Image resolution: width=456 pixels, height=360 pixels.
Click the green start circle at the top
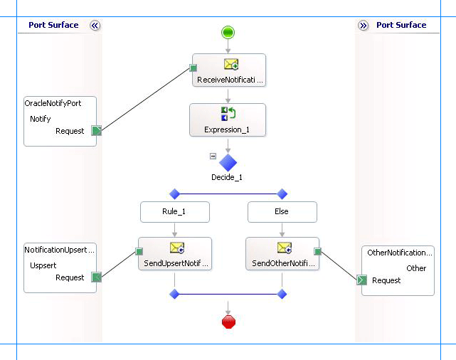[228, 32]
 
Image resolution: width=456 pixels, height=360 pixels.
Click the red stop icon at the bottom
[228, 322]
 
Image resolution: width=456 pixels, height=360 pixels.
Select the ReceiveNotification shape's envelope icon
[230, 65]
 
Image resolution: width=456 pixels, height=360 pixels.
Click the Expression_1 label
[227, 130]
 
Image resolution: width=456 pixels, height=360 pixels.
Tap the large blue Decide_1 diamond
[228, 162]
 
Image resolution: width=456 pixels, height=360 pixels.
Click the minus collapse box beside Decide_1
[213, 156]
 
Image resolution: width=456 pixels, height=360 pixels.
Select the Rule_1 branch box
[174, 211]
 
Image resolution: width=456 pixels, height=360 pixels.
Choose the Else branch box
[282, 211]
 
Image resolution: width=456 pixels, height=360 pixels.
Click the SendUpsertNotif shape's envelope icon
[177, 248]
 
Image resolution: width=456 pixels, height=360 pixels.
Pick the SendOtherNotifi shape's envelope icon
[285, 248]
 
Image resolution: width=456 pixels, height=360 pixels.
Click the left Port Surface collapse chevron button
[95, 26]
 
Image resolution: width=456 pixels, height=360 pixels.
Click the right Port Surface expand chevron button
[364, 26]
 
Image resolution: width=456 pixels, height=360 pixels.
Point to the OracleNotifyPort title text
[53, 103]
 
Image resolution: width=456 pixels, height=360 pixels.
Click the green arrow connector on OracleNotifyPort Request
[97, 130]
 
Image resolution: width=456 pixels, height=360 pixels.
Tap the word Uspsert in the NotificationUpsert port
[43, 265]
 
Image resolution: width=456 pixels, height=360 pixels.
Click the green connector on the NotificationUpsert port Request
[97, 277]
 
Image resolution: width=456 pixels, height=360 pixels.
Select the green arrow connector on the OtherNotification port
[361, 280]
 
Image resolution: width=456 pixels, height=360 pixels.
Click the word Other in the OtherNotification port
[416, 268]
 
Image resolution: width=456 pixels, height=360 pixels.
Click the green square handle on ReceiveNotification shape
[193, 68]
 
